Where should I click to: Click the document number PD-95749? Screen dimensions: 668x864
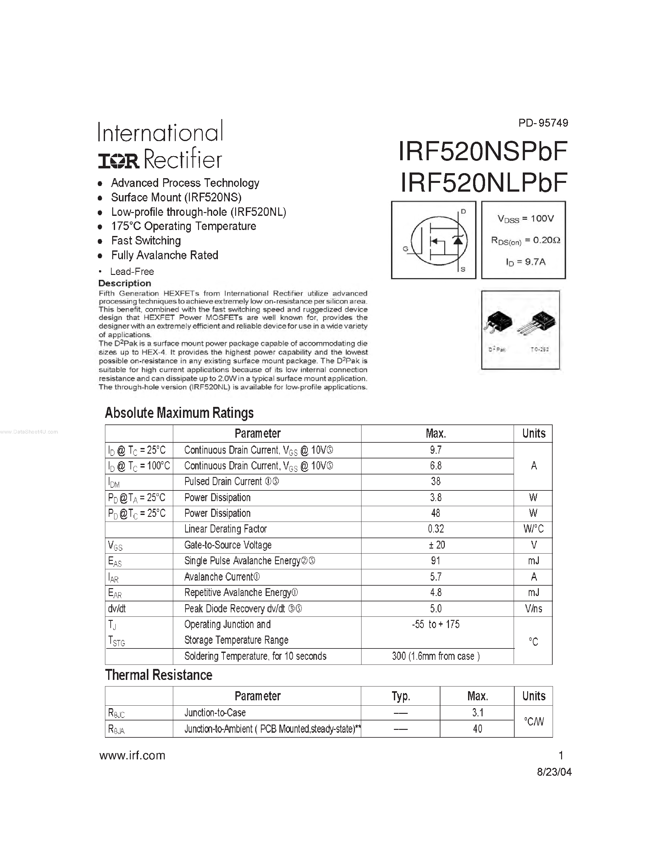point(543,123)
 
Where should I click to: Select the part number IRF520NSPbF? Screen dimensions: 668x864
point(483,151)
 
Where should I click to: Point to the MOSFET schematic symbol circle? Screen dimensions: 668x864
point(439,241)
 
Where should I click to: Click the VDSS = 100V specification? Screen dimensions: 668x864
point(525,219)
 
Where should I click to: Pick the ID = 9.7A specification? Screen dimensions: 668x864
point(525,262)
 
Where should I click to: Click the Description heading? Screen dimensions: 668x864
point(125,283)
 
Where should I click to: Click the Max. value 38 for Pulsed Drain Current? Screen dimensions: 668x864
point(436,481)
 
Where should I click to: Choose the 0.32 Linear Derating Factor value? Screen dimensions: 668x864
point(436,529)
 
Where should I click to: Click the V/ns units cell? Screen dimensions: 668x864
point(533,609)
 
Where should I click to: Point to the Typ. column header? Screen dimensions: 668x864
point(400,696)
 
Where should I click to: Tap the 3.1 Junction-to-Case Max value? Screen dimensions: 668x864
point(477,713)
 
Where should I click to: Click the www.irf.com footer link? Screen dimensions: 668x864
point(132,756)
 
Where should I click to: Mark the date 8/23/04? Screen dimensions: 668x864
point(554,772)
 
